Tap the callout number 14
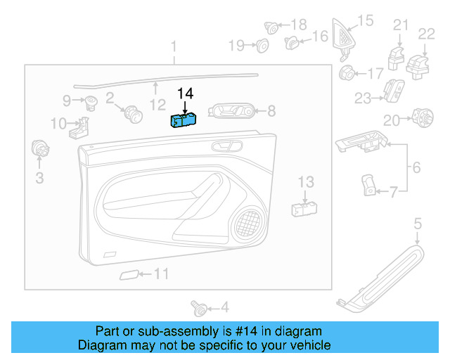point(185,94)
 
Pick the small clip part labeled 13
point(304,208)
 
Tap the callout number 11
point(162,274)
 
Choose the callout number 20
point(391,120)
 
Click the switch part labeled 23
point(392,90)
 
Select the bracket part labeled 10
point(82,127)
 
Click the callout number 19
point(236,46)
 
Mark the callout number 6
point(416,169)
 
